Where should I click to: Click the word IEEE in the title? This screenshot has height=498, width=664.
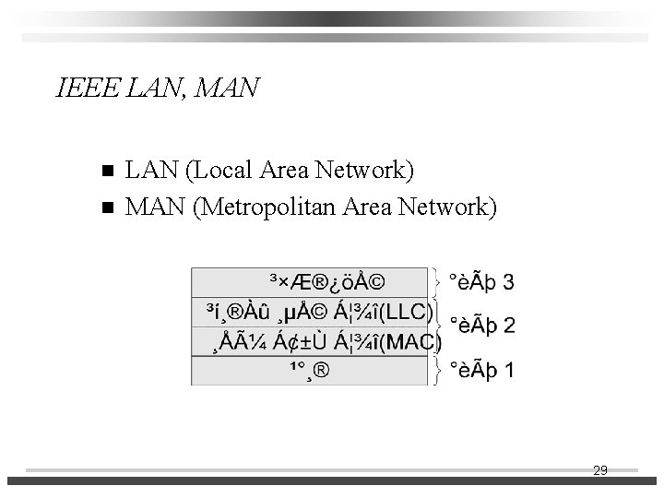[85, 89]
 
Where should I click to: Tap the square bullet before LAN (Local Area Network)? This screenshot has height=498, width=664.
[107, 171]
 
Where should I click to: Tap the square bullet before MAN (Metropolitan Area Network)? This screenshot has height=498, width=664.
[107, 207]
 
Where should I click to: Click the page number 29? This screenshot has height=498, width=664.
[599, 470]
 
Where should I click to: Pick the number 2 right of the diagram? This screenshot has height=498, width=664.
[510, 326]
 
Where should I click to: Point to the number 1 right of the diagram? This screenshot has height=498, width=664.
[510, 371]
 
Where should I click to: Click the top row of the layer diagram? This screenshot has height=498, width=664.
[310, 281]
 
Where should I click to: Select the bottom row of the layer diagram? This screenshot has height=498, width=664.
[310, 372]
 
